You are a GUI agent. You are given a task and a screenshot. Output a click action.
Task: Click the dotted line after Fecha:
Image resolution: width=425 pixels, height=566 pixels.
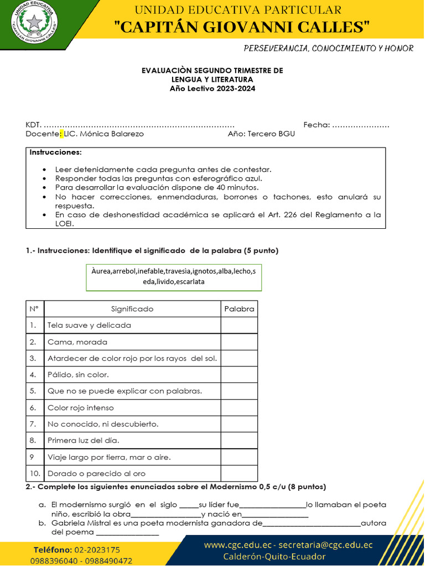click(x=361, y=124)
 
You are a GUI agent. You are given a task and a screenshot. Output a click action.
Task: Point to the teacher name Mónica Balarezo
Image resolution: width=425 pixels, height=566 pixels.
click(x=111, y=134)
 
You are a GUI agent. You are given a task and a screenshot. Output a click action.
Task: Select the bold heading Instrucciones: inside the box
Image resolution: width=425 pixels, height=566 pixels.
click(x=55, y=152)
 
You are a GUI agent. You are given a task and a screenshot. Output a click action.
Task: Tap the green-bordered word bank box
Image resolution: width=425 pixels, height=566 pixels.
click(x=174, y=276)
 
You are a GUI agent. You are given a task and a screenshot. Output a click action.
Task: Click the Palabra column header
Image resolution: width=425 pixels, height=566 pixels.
click(x=239, y=309)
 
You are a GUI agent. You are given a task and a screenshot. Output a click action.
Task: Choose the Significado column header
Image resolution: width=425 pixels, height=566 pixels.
click(x=132, y=309)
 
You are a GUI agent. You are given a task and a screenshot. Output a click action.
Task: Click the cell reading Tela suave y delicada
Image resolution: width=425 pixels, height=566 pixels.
click(x=90, y=326)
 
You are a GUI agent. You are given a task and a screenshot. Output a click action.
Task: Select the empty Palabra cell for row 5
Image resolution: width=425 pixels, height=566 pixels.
click(x=239, y=391)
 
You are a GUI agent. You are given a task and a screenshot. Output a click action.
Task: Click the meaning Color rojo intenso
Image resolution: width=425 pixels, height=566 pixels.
click(x=81, y=408)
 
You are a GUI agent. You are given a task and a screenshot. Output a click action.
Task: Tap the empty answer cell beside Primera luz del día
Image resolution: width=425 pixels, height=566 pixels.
click(x=239, y=441)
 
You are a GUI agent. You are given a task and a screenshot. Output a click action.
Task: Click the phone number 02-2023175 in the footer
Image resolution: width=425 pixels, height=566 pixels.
click(x=97, y=550)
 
